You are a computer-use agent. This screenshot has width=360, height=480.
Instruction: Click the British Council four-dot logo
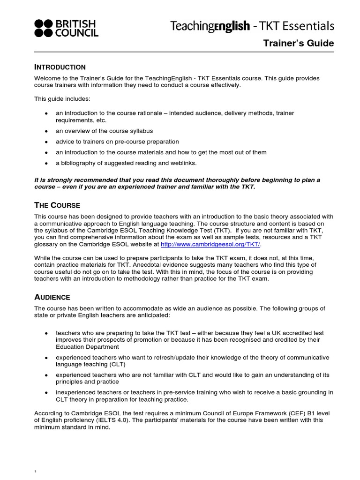click(44, 28)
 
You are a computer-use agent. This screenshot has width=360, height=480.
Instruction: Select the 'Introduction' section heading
click(60, 67)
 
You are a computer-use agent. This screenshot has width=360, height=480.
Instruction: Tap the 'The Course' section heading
click(57, 205)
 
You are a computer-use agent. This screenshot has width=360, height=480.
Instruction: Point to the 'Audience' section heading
click(52, 297)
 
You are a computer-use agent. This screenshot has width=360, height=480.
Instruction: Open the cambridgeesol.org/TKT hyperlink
click(210, 245)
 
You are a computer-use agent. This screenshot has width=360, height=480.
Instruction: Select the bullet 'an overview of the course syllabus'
click(104, 131)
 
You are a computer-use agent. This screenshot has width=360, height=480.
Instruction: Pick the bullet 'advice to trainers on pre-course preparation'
click(117, 142)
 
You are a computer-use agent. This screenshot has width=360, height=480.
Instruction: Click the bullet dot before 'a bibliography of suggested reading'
click(46, 163)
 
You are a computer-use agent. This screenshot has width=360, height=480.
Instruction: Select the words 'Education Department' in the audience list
click(87, 347)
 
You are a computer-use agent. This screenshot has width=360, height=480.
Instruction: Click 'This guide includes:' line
click(62, 99)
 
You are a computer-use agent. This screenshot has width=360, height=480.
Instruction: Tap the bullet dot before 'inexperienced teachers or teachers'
click(46, 392)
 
